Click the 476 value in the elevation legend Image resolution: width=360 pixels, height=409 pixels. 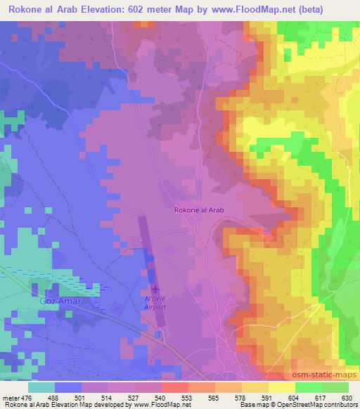point(27,396)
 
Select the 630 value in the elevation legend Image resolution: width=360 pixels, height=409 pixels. point(347,396)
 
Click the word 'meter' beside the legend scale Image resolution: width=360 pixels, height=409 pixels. point(10,396)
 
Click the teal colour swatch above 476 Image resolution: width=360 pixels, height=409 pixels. point(41,387)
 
